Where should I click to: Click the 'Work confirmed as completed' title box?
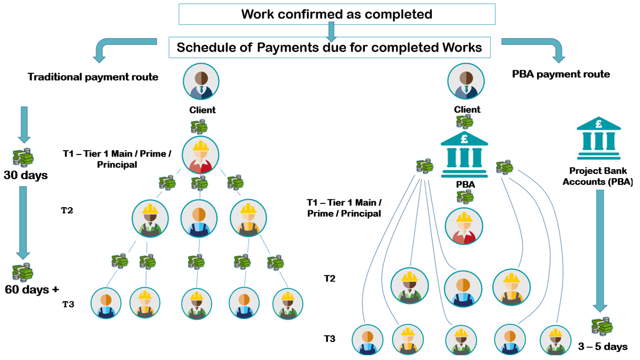click(x=336, y=14)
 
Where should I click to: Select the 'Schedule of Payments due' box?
click(x=329, y=47)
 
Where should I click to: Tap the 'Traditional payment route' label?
click(x=93, y=77)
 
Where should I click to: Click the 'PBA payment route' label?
click(x=561, y=74)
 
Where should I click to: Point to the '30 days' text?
click(x=25, y=176)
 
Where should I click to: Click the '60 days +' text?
click(x=32, y=289)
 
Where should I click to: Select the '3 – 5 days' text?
click(x=603, y=346)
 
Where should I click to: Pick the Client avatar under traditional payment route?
click(x=201, y=82)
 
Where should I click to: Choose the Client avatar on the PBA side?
click(x=466, y=82)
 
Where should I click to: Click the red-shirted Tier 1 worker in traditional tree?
click(x=200, y=155)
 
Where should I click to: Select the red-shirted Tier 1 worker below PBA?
click(x=464, y=227)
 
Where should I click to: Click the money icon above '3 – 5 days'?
click(x=601, y=326)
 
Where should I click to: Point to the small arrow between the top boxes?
click(x=331, y=32)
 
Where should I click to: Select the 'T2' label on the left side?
click(x=67, y=210)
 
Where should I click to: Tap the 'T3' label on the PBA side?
click(x=329, y=338)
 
